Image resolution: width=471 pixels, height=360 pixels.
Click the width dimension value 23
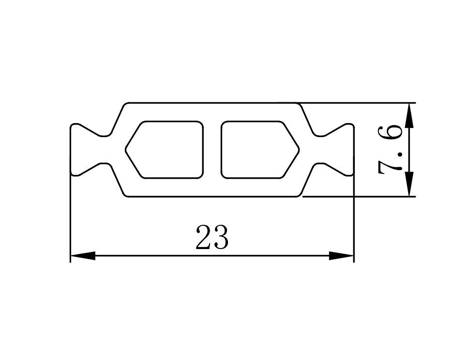coord(212,237)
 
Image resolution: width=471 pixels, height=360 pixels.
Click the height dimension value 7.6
coord(390,150)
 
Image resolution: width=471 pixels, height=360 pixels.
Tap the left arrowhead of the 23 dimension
coord(83,256)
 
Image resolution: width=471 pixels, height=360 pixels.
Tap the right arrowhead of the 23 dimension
coord(342,256)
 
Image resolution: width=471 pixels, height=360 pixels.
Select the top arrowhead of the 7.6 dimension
coord(409,115)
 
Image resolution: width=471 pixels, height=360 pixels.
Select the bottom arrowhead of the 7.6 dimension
coord(409,184)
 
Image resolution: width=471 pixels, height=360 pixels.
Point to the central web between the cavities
coord(213,149)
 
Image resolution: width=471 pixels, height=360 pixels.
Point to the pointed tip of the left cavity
coord(125,149)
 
